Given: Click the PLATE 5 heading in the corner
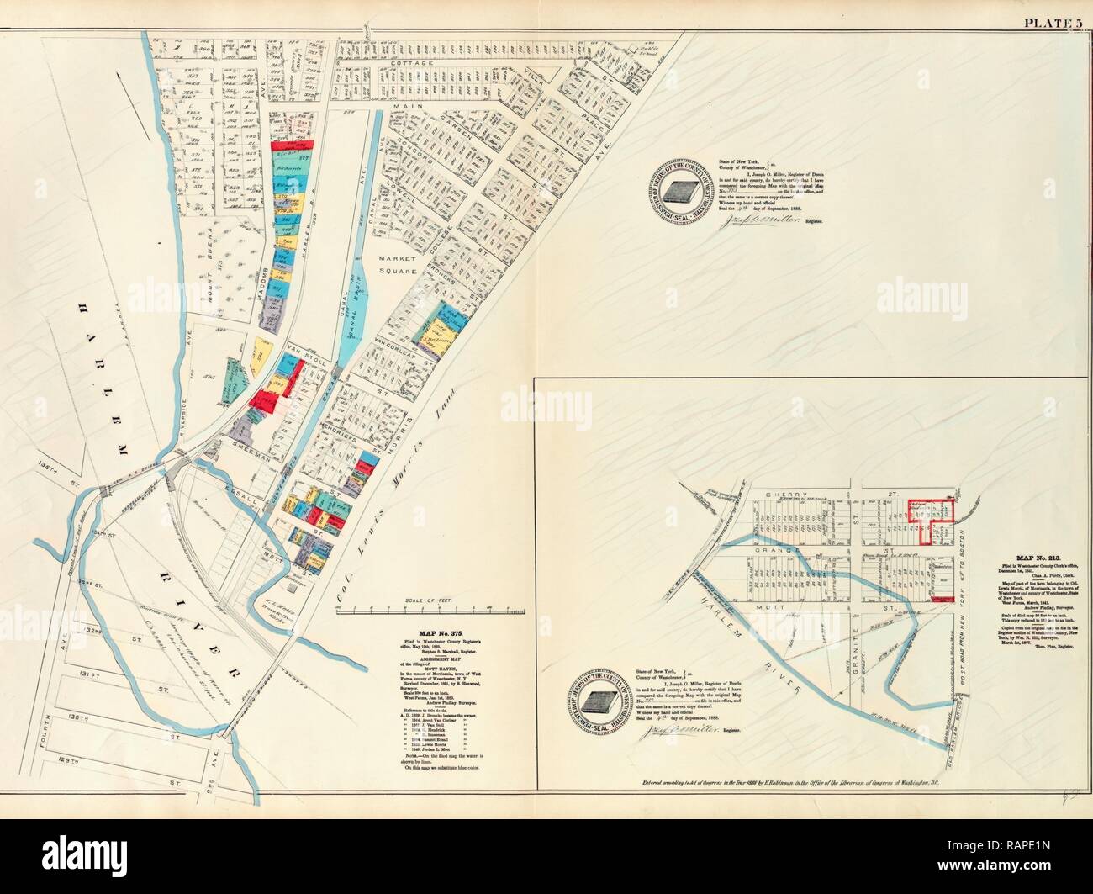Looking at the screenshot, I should (1050, 23).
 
